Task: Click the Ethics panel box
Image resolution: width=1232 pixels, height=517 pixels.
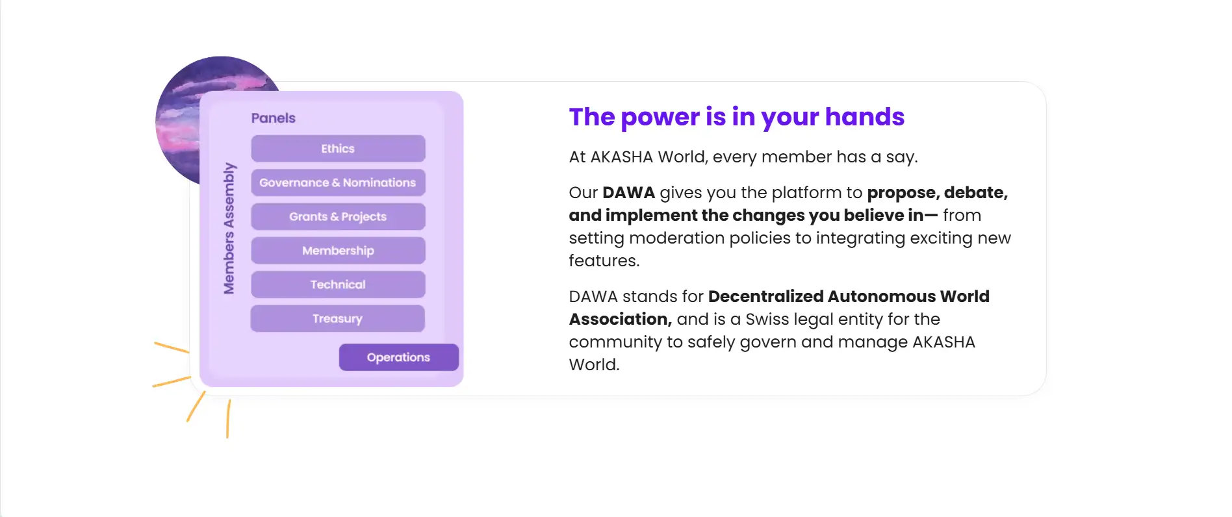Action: [x=338, y=149]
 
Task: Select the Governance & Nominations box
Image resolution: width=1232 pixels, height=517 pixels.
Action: [x=338, y=183]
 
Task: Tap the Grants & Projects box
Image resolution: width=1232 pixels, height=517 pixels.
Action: [x=338, y=216]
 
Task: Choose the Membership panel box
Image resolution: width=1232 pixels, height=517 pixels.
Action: [x=338, y=251]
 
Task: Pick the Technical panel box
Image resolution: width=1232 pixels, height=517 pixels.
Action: [x=338, y=284]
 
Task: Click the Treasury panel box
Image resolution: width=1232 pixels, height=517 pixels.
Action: [x=338, y=318]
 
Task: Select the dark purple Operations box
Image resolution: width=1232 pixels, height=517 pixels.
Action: [x=399, y=357]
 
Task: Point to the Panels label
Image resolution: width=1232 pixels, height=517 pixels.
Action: [x=274, y=118]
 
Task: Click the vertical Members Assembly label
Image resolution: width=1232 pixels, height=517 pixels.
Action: [x=229, y=228]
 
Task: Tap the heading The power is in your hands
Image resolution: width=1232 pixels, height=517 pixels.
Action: [x=737, y=117]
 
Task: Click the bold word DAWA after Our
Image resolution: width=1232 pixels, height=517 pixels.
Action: [x=628, y=193]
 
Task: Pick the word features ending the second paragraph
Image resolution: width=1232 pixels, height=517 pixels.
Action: [x=604, y=261]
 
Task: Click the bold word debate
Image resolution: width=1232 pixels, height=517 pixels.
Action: [x=976, y=193]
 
